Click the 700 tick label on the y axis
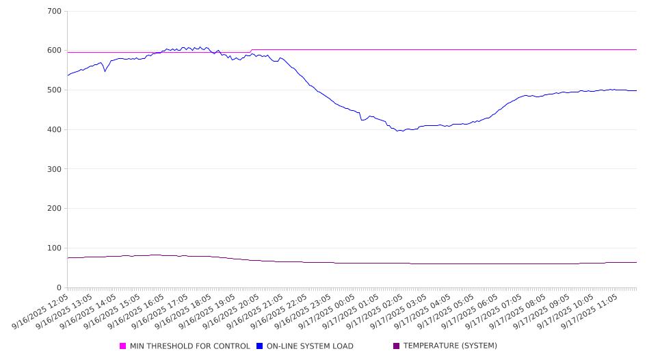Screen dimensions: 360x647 pyautogui.click(x=55, y=12)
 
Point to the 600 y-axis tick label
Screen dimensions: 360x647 pyautogui.click(x=55, y=51)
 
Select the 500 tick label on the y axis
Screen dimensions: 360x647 pyautogui.click(x=55, y=90)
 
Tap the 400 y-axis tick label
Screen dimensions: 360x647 pyautogui.click(x=55, y=130)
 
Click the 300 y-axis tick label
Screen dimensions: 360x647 pyautogui.click(x=55, y=169)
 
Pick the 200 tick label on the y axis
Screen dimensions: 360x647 pyautogui.click(x=55, y=209)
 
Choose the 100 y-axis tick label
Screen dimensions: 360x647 pyautogui.click(x=55, y=248)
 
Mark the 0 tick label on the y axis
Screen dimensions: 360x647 pyautogui.click(x=59, y=288)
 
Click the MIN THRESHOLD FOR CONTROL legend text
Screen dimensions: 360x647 pyautogui.click(x=189, y=346)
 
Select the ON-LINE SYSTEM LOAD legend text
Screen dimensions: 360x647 pyautogui.click(x=310, y=346)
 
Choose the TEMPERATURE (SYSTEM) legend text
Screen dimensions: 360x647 pyautogui.click(x=450, y=346)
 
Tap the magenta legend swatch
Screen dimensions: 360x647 pyautogui.click(x=123, y=346)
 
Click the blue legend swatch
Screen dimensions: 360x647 pyautogui.click(x=260, y=346)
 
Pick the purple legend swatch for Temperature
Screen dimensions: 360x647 pyautogui.click(x=397, y=346)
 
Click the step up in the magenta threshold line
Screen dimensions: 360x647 pyautogui.click(x=251, y=51)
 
